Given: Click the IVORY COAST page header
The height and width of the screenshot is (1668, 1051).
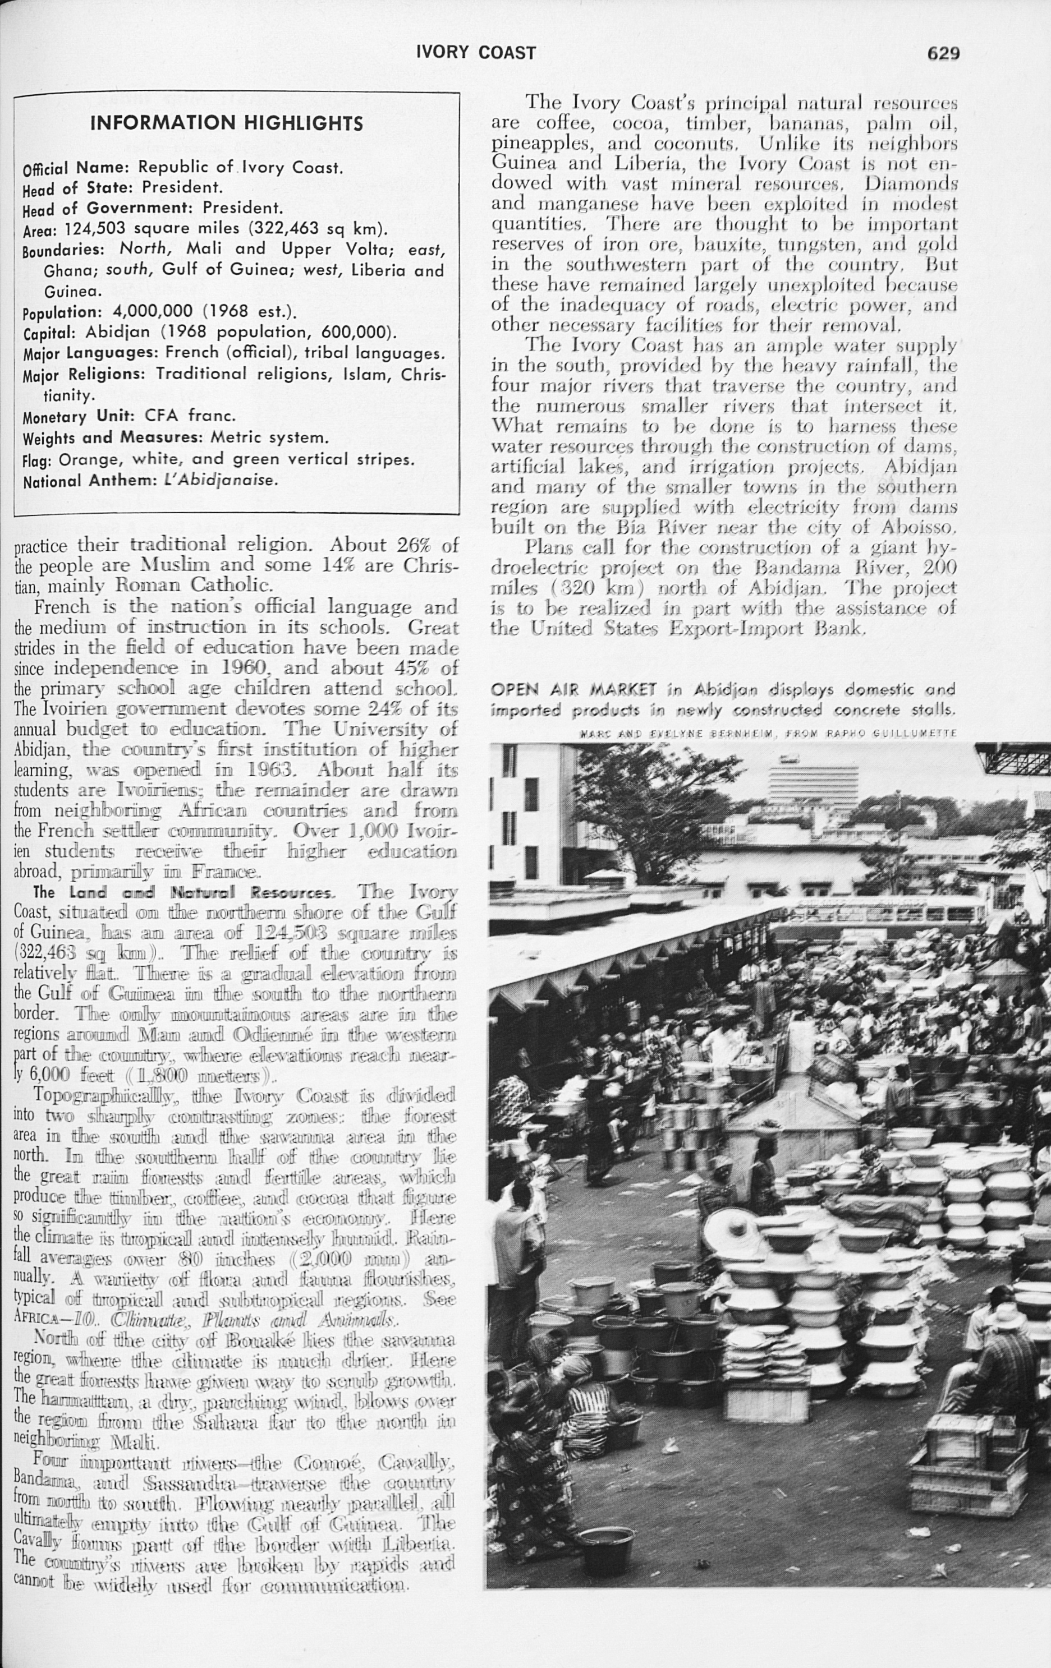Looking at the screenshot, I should click(475, 53).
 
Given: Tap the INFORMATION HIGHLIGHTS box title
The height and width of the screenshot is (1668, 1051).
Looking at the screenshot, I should click(227, 123).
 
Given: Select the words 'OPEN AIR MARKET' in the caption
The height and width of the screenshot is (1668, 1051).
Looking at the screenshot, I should click(573, 689).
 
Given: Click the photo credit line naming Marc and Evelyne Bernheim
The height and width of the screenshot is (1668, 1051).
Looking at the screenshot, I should click(767, 733).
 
